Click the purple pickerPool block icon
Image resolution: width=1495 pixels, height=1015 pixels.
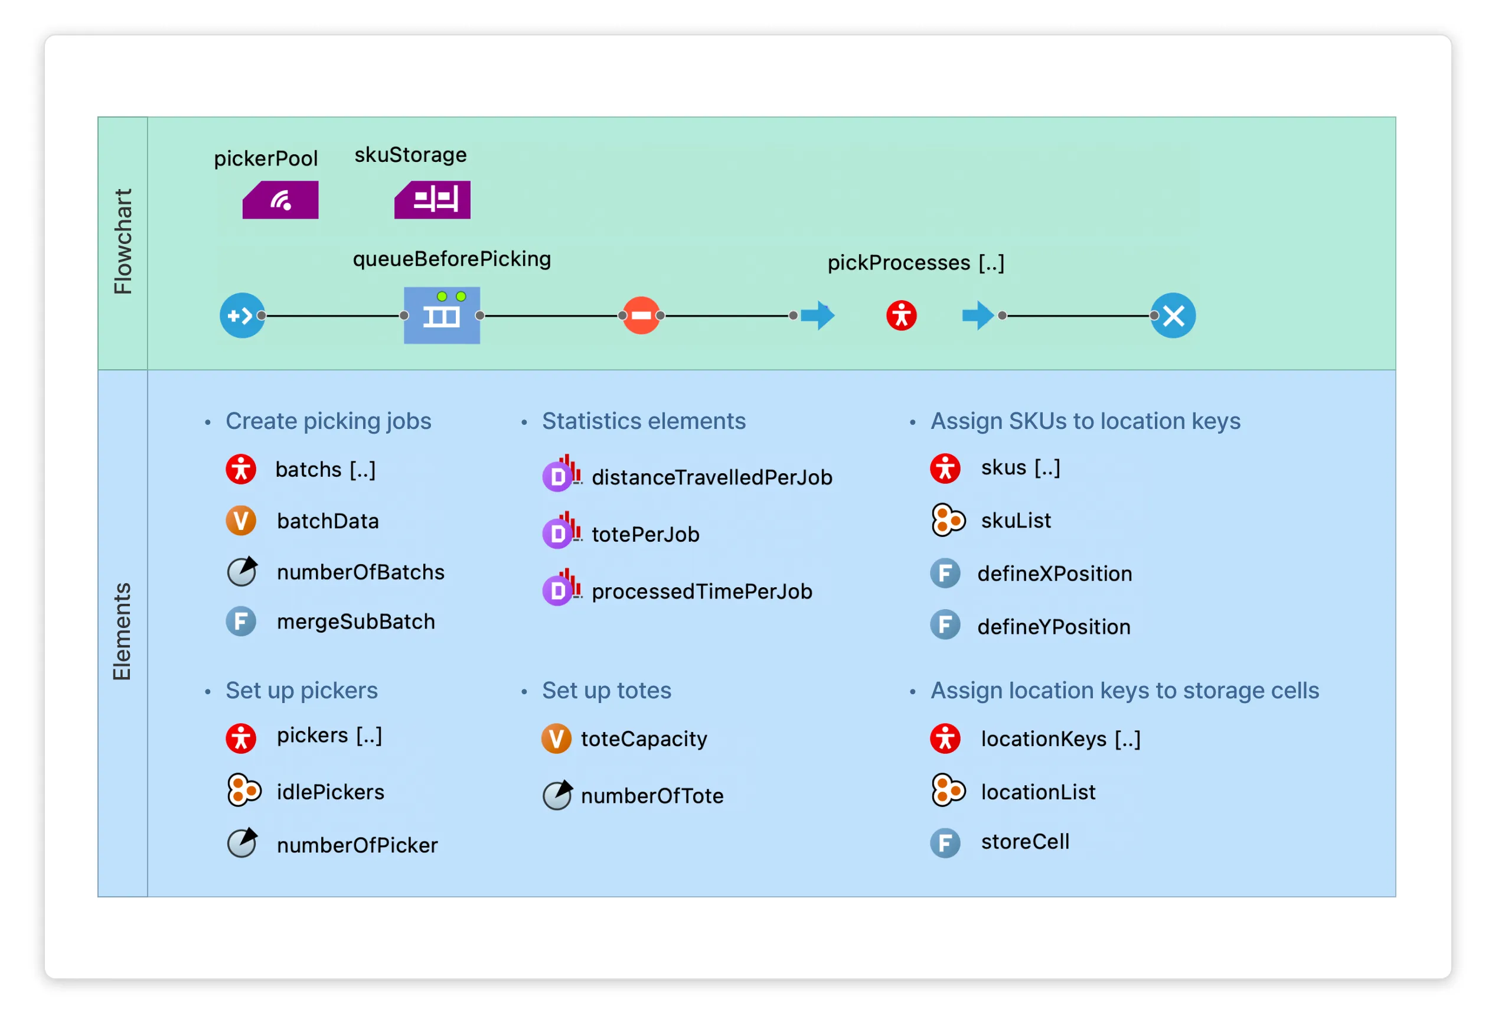coord(280,200)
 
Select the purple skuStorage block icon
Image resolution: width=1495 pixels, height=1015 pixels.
coord(432,200)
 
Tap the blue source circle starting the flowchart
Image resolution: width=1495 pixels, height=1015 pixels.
coord(242,315)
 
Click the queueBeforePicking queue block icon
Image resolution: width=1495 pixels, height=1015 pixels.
coord(442,315)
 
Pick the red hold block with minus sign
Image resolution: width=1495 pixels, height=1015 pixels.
coord(641,315)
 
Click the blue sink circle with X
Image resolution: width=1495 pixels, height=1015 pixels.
coord(1173,315)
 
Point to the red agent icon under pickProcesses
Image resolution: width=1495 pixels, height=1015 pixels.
coord(901,315)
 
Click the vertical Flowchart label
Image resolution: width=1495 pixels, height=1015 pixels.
coord(122,242)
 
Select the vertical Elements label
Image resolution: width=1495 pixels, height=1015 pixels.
coord(122,632)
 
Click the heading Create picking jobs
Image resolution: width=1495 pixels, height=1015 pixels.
coord(328,421)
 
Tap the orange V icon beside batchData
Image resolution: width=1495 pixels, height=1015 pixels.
coord(240,520)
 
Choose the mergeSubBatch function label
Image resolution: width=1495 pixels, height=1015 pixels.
coord(355,622)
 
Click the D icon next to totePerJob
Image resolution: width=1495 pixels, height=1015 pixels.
coord(558,533)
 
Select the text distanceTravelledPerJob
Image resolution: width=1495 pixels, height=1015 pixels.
coord(711,477)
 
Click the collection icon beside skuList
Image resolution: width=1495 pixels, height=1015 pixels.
coord(948,520)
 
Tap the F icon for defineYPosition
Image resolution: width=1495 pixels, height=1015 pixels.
coord(945,626)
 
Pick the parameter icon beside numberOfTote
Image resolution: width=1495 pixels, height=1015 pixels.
coord(557,796)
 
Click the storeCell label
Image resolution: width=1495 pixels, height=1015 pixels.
coord(1025,842)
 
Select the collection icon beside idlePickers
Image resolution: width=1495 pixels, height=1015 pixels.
coord(243,791)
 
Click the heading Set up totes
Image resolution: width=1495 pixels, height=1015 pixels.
coord(606,691)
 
